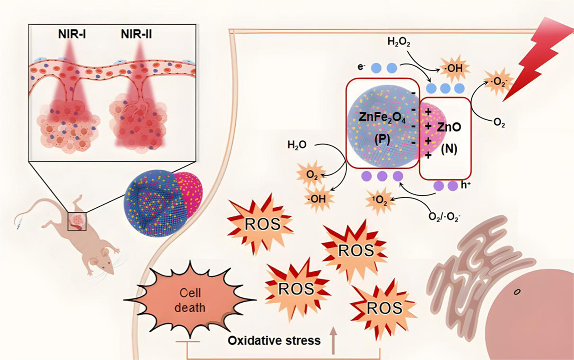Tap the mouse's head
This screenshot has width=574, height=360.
tap(103, 264)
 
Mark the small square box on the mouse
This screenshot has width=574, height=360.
tap(76, 221)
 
